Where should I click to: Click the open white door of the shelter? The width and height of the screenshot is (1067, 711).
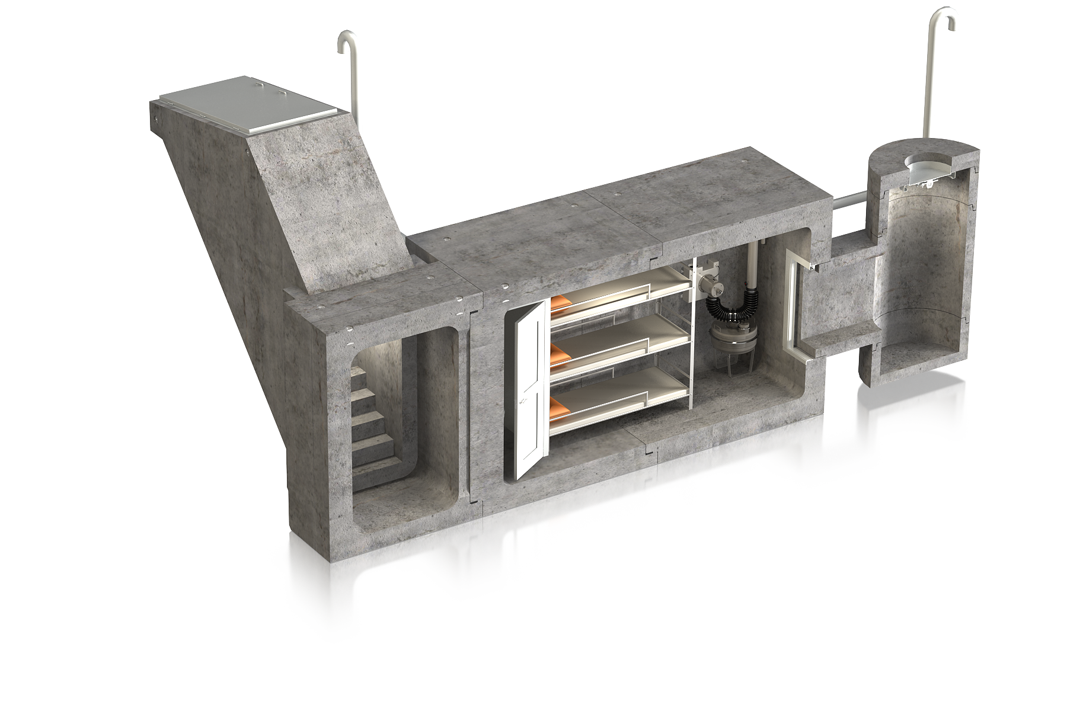(x=531, y=391)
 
